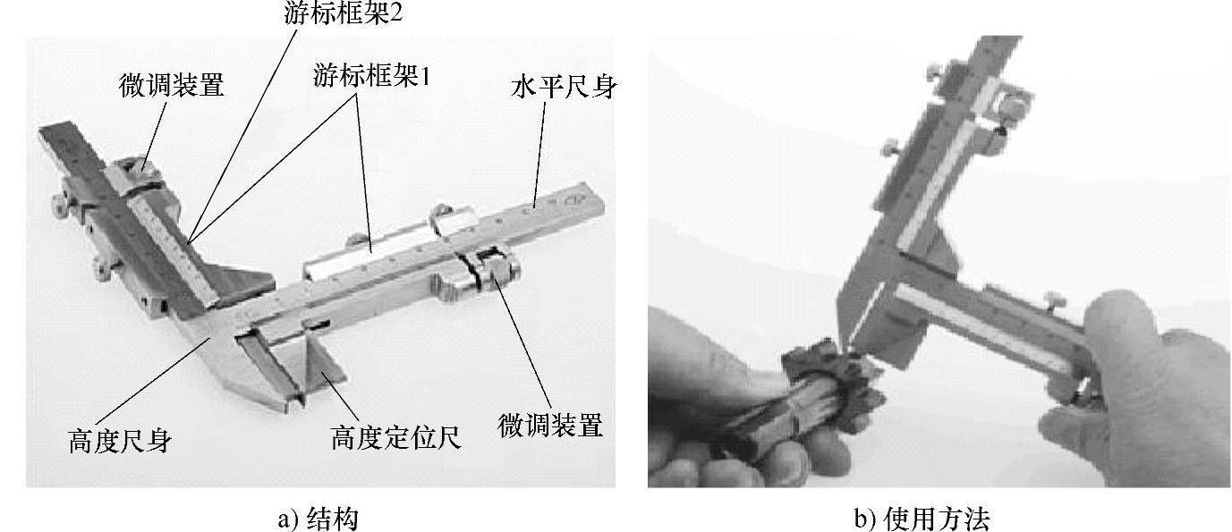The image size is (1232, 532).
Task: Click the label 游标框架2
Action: point(344,13)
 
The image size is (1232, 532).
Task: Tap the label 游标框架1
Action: point(372,75)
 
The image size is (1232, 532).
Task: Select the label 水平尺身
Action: point(564,87)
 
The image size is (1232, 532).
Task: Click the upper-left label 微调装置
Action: point(172,86)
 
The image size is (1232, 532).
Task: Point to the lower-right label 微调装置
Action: point(550,426)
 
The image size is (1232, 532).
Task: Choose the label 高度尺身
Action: point(121,442)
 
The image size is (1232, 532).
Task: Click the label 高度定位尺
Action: point(396,438)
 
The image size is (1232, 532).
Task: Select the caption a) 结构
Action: point(318,519)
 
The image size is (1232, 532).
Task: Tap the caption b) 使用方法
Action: point(922,519)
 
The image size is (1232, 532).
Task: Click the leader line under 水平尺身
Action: point(540,155)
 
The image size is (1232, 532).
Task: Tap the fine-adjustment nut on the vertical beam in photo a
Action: point(136,171)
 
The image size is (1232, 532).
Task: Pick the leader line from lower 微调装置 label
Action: point(523,346)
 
